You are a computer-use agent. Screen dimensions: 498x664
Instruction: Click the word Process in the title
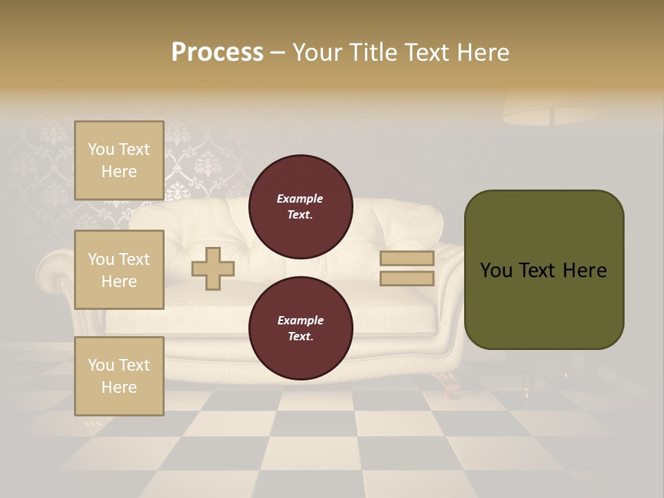(217, 53)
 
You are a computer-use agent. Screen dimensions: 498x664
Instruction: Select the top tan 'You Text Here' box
(119, 160)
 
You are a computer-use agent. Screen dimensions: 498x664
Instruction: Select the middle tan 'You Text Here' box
(119, 270)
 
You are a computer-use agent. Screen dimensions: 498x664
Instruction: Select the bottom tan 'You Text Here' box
(119, 376)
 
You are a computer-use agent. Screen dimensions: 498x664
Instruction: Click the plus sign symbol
(213, 268)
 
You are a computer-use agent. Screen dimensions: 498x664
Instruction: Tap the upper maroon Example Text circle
(300, 207)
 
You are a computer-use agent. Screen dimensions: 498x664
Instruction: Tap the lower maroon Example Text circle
(300, 329)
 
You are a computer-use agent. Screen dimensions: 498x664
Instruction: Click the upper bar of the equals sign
(407, 259)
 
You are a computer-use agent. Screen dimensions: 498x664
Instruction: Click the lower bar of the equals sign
(407, 279)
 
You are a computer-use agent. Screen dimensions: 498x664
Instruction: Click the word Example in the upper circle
(300, 199)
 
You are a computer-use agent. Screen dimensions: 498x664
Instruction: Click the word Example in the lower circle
(300, 321)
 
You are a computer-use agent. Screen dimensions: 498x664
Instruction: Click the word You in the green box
(497, 270)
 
